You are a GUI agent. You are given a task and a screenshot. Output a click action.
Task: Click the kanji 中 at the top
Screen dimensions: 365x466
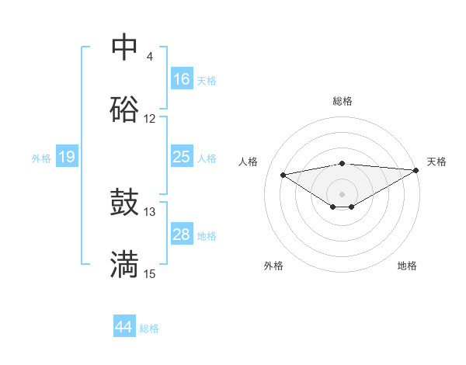coord(124,47)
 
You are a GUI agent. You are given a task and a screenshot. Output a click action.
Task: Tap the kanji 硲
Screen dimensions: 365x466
coord(124,109)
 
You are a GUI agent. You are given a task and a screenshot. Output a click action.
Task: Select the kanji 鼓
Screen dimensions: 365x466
coord(124,203)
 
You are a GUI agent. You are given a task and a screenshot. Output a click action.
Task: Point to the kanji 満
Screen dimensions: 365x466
coord(124,265)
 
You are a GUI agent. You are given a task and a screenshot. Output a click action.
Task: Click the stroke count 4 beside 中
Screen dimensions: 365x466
coord(150,57)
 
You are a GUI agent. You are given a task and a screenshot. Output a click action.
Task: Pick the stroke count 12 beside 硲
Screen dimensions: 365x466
coord(150,119)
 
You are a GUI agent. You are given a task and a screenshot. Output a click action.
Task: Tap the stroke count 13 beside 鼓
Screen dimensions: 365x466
coord(150,211)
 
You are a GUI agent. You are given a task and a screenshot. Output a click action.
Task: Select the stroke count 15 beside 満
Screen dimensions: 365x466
coord(150,273)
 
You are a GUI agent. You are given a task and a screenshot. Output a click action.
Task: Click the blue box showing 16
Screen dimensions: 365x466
coord(181,79)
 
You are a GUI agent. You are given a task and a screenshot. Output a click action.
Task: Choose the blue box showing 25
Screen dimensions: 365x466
coord(181,157)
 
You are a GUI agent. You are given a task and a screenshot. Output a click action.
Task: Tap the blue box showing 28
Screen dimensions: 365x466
coord(181,235)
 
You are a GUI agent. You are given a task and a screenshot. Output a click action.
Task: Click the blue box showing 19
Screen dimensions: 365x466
coord(66,158)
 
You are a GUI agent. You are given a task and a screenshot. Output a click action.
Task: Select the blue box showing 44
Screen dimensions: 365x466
coord(124,327)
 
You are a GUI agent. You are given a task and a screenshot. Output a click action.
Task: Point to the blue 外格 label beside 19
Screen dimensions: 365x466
coord(41,158)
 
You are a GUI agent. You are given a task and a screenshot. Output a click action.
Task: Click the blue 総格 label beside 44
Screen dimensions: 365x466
coord(149,328)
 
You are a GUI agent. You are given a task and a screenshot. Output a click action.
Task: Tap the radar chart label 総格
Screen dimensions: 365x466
coord(343,101)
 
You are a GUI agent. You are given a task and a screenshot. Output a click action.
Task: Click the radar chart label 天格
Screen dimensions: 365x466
coord(436,162)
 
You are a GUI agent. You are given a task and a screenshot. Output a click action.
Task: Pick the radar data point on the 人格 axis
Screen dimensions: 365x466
coord(283,174)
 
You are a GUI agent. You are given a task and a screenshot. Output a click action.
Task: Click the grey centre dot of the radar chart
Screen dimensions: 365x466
coord(342,193)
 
